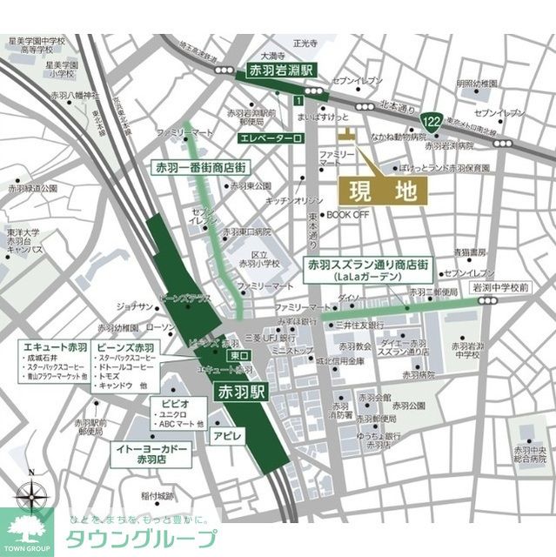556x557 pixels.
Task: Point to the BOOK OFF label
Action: [x=348, y=214]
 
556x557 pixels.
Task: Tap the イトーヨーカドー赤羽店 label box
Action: [x=150, y=453]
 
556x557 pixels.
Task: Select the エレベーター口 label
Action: [x=270, y=138]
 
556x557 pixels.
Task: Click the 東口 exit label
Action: [x=238, y=356]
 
